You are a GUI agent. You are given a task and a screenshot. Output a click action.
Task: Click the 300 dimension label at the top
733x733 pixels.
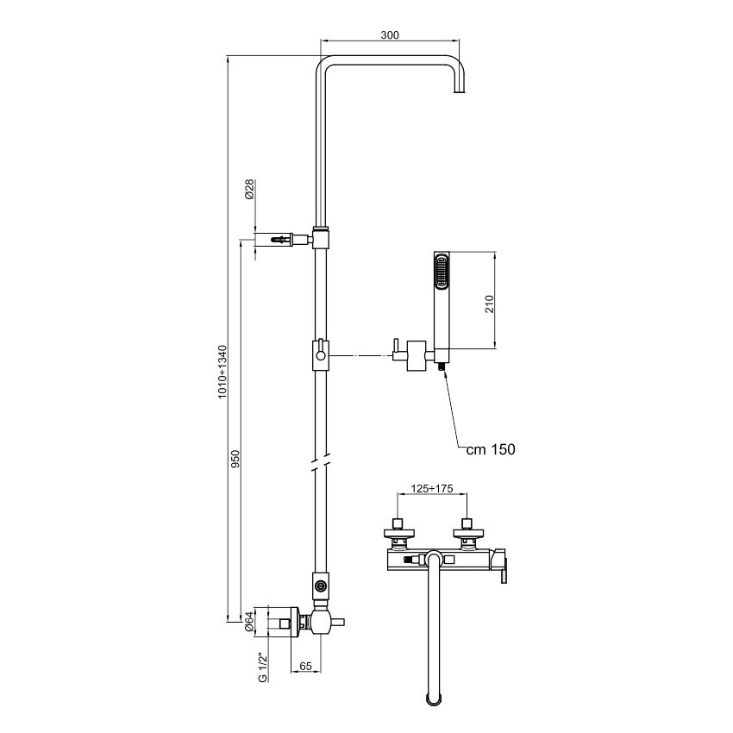[x=390, y=35]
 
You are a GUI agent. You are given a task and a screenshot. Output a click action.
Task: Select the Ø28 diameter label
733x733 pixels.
[x=249, y=190]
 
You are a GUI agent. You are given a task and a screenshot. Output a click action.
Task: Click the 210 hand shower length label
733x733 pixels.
[x=489, y=304]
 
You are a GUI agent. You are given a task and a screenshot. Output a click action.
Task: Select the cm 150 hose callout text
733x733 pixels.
[x=491, y=449]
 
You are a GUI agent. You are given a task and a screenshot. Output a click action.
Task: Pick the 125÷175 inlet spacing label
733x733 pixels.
[x=432, y=488]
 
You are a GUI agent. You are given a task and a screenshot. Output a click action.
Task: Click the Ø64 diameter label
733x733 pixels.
[x=248, y=621]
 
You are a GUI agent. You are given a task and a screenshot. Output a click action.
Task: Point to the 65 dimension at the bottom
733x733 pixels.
[x=305, y=666]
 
